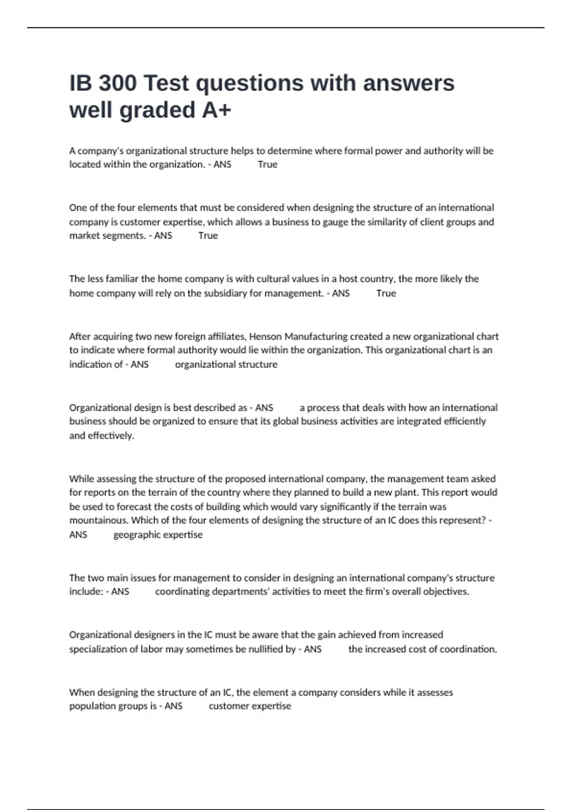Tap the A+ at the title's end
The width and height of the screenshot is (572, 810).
[x=216, y=110]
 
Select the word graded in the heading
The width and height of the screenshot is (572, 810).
[x=157, y=110]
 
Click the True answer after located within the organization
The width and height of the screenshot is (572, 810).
[x=267, y=164]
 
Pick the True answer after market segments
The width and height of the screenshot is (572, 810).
[x=208, y=235]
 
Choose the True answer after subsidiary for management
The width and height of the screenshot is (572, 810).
[x=386, y=293]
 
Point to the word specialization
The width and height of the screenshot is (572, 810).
[x=97, y=649]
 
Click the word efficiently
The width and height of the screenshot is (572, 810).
[x=462, y=421]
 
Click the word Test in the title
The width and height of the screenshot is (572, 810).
[x=166, y=83]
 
